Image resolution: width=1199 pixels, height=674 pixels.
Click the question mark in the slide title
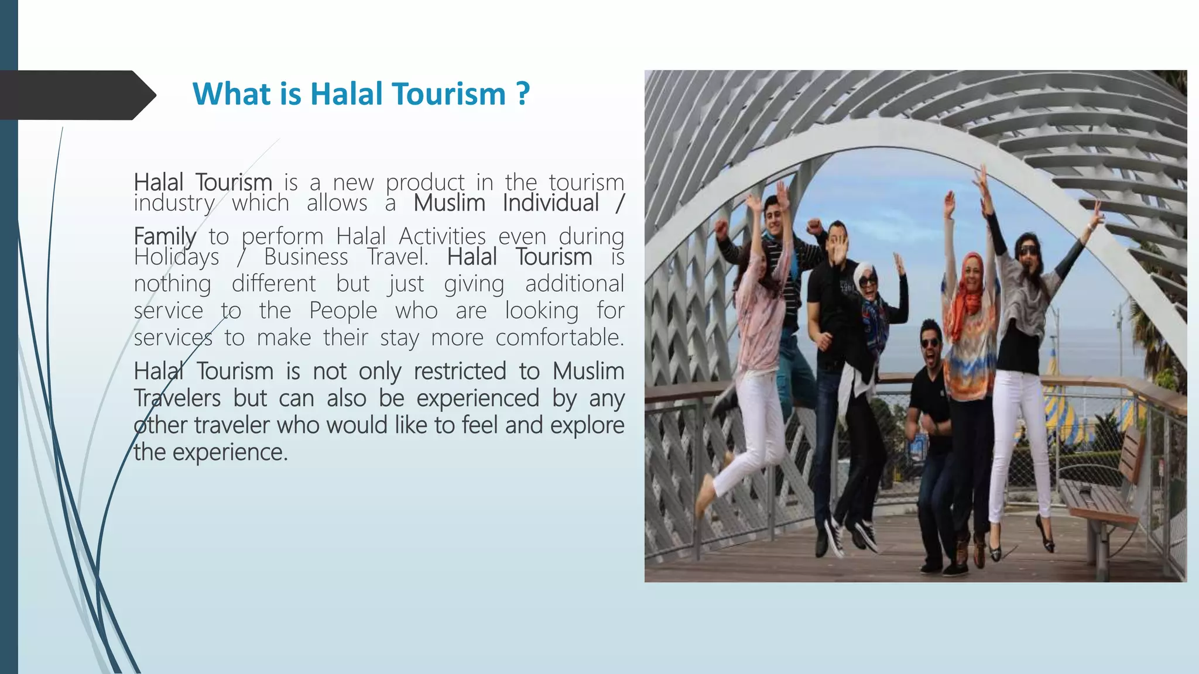click(x=523, y=94)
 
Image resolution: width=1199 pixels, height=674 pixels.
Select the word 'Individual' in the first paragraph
click(x=550, y=204)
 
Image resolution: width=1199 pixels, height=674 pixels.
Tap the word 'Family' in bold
click(x=165, y=236)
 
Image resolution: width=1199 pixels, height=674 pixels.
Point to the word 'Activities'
click(x=442, y=236)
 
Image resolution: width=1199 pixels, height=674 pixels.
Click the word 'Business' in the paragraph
click(x=306, y=257)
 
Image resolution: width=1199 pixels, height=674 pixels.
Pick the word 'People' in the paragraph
click(x=343, y=311)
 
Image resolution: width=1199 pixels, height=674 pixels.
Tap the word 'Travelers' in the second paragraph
click(x=177, y=398)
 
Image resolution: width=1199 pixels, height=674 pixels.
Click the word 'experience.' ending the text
click(x=230, y=452)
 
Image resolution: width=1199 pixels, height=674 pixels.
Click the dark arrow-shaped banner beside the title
click(x=76, y=95)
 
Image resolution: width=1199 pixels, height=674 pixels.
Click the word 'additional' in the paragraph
click(x=574, y=284)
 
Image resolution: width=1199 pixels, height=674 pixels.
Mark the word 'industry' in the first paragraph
click(x=174, y=204)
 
